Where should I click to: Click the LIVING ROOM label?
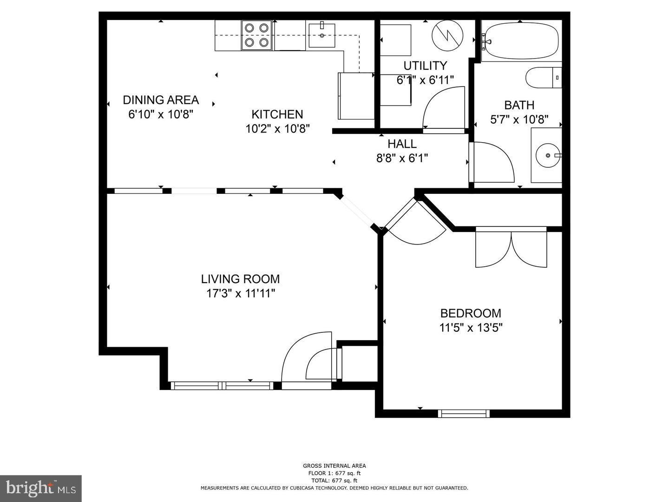(x=240, y=279)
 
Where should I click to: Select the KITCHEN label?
(x=277, y=114)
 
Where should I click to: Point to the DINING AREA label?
(x=161, y=100)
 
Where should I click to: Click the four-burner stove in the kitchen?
(x=257, y=35)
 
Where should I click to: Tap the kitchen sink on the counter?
(x=321, y=35)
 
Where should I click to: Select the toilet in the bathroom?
(x=543, y=78)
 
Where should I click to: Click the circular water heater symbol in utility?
(x=447, y=36)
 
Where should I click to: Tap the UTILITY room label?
(x=425, y=66)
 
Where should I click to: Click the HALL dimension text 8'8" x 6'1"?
(x=402, y=158)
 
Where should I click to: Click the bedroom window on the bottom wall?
(x=464, y=413)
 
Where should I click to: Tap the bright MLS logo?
(x=41, y=488)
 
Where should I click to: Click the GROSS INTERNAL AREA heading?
(x=334, y=466)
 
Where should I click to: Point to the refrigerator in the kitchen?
(x=356, y=96)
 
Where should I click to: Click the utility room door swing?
(x=444, y=109)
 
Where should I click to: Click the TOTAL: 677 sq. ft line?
(x=334, y=481)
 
